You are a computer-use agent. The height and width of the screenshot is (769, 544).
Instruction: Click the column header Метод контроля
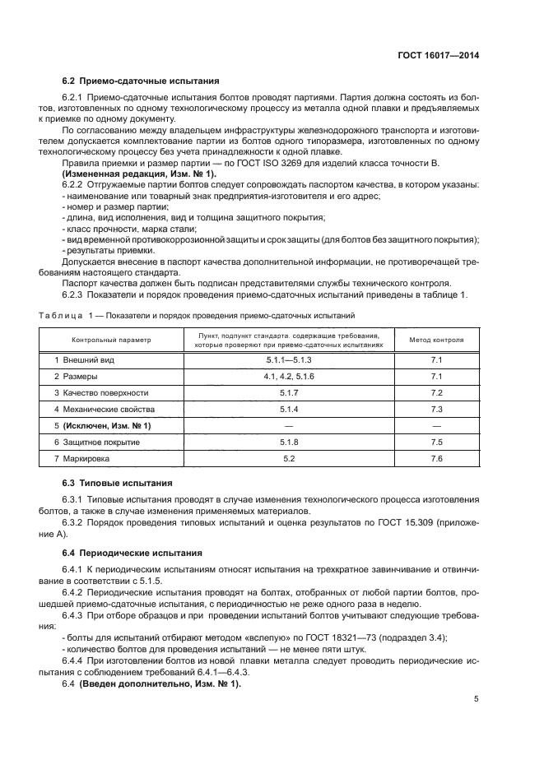(x=436, y=339)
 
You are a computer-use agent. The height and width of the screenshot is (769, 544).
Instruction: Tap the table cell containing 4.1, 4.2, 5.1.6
(x=289, y=376)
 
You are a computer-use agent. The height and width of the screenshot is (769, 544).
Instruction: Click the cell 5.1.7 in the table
(x=289, y=392)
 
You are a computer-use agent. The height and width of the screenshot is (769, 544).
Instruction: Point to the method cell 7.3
(x=436, y=409)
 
